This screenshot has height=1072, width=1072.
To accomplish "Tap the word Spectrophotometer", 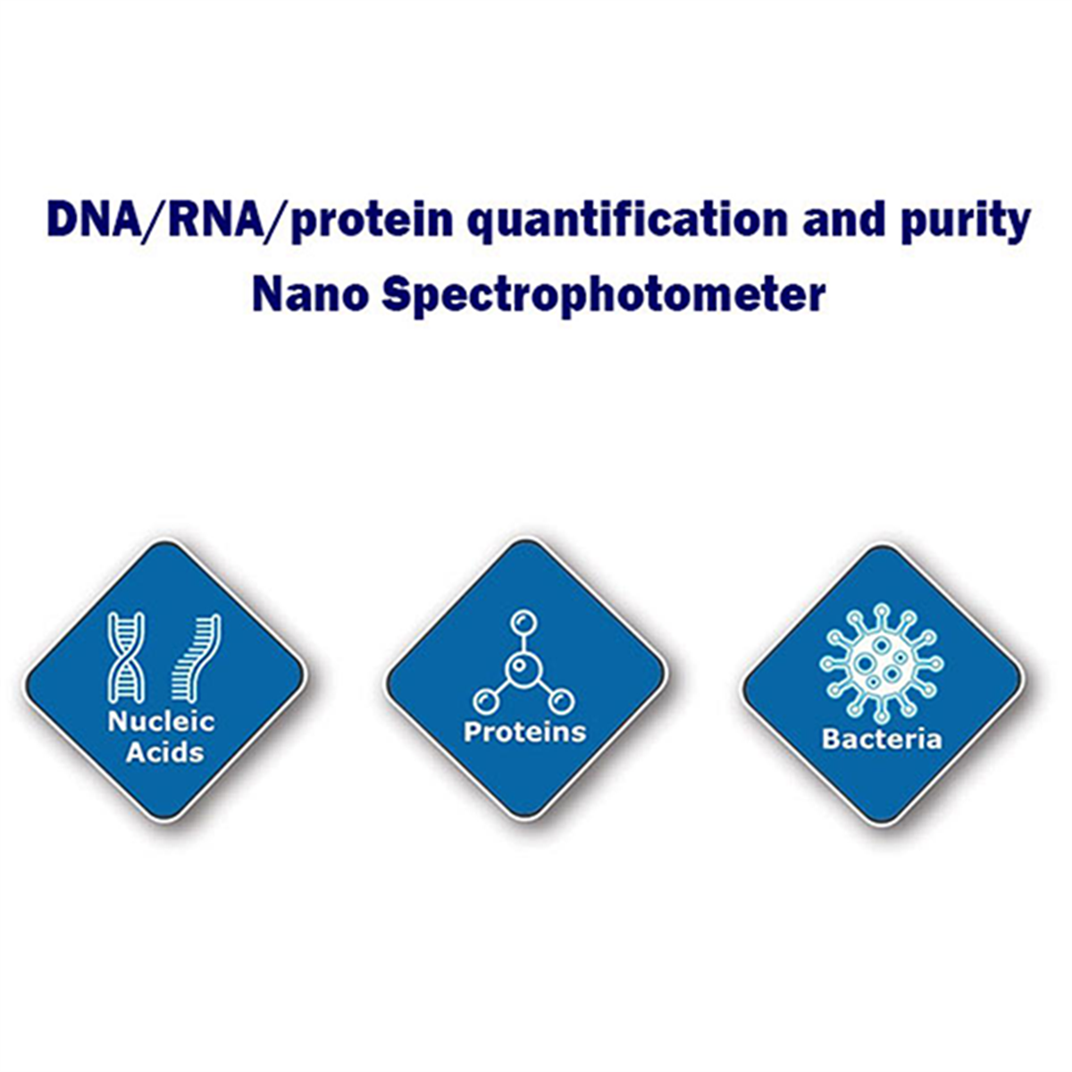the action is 604,297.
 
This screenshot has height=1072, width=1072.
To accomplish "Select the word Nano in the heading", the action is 310,296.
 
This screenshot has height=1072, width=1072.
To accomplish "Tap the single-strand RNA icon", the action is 196,657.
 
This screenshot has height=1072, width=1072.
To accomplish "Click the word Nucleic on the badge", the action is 162,722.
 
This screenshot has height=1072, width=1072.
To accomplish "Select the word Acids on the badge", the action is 164,753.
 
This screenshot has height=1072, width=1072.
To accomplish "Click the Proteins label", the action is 524,732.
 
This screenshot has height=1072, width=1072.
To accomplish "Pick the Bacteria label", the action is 882,740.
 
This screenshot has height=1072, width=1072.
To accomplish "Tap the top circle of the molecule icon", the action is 522,622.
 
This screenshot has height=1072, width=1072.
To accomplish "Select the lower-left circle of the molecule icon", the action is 485,701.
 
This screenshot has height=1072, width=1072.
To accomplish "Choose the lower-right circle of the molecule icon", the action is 560,701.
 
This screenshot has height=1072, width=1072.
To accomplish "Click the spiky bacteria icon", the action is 881,664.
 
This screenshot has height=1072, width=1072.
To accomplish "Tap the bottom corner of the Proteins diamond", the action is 525,820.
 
